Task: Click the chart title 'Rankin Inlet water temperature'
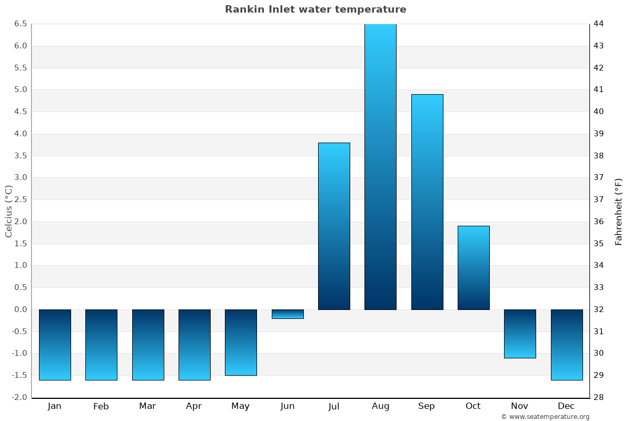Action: [315, 9]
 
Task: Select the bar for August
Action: [380, 166]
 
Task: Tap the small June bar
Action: [288, 314]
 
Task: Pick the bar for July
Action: [334, 226]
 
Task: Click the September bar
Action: [427, 202]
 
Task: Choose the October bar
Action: [473, 267]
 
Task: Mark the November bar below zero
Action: [520, 334]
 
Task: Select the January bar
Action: [55, 345]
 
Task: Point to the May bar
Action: [241, 342]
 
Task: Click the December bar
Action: [567, 345]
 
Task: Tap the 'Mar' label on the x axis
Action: [147, 406]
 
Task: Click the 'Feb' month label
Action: [101, 406]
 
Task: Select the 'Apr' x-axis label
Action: [194, 406]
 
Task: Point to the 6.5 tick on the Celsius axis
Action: [21, 24]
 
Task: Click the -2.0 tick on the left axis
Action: [19, 397]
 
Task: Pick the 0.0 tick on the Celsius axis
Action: [21, 309]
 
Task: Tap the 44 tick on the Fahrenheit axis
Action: [598, 24]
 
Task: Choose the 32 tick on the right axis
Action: [598, 309]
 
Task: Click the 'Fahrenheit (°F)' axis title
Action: [618, 212]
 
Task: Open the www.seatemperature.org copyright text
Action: [545, 417]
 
